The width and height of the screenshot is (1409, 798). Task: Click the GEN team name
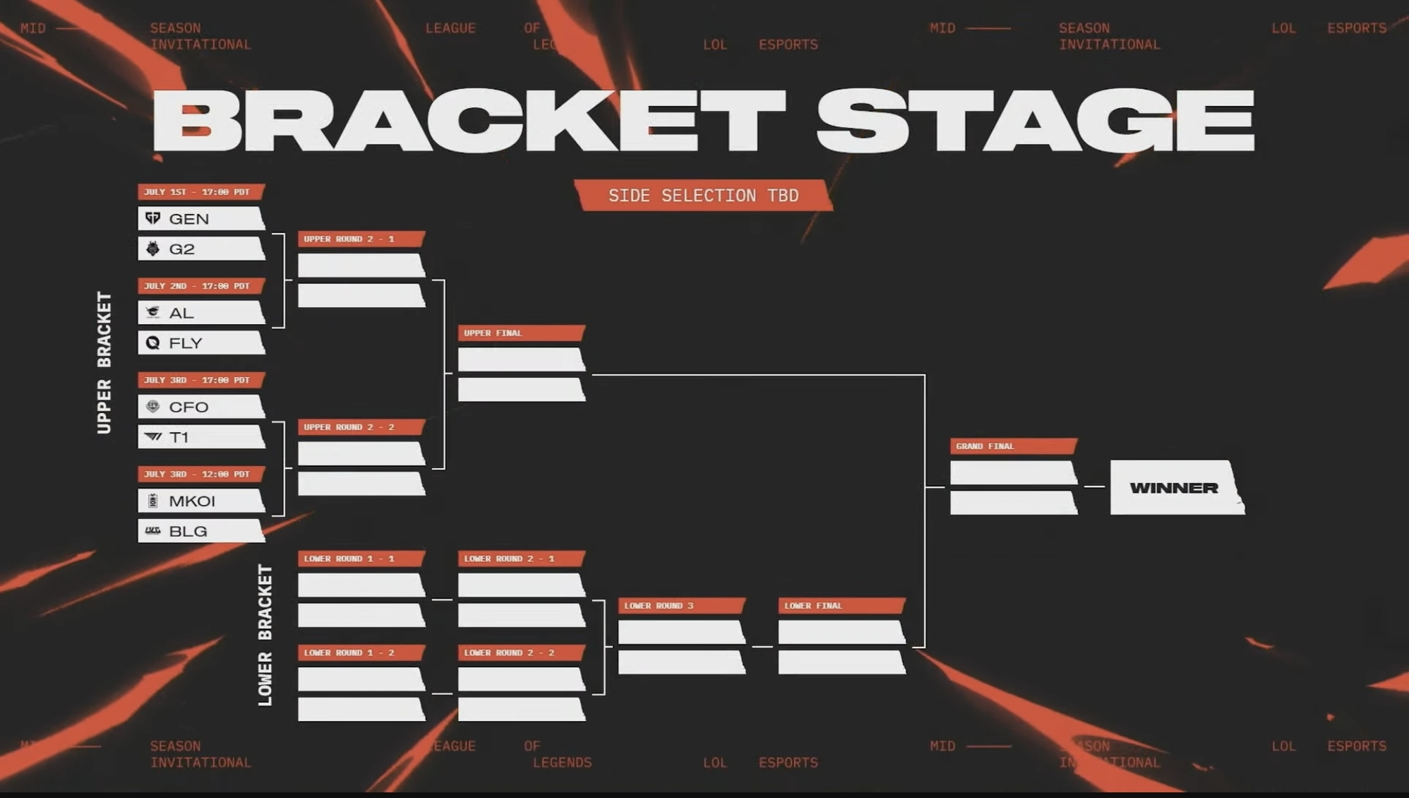188,219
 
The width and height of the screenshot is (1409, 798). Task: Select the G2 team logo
152,249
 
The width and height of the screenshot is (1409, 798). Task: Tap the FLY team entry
201,343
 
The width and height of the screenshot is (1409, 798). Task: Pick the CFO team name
188,407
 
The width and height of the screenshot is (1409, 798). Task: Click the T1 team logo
152,437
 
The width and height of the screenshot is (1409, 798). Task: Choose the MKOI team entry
201,501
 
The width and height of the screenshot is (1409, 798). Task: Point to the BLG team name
188,531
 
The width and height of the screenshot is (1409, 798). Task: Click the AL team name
181,313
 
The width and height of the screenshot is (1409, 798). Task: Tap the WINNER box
1175,487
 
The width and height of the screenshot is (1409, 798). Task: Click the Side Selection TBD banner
703,196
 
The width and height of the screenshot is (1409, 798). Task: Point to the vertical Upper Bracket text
104,362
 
